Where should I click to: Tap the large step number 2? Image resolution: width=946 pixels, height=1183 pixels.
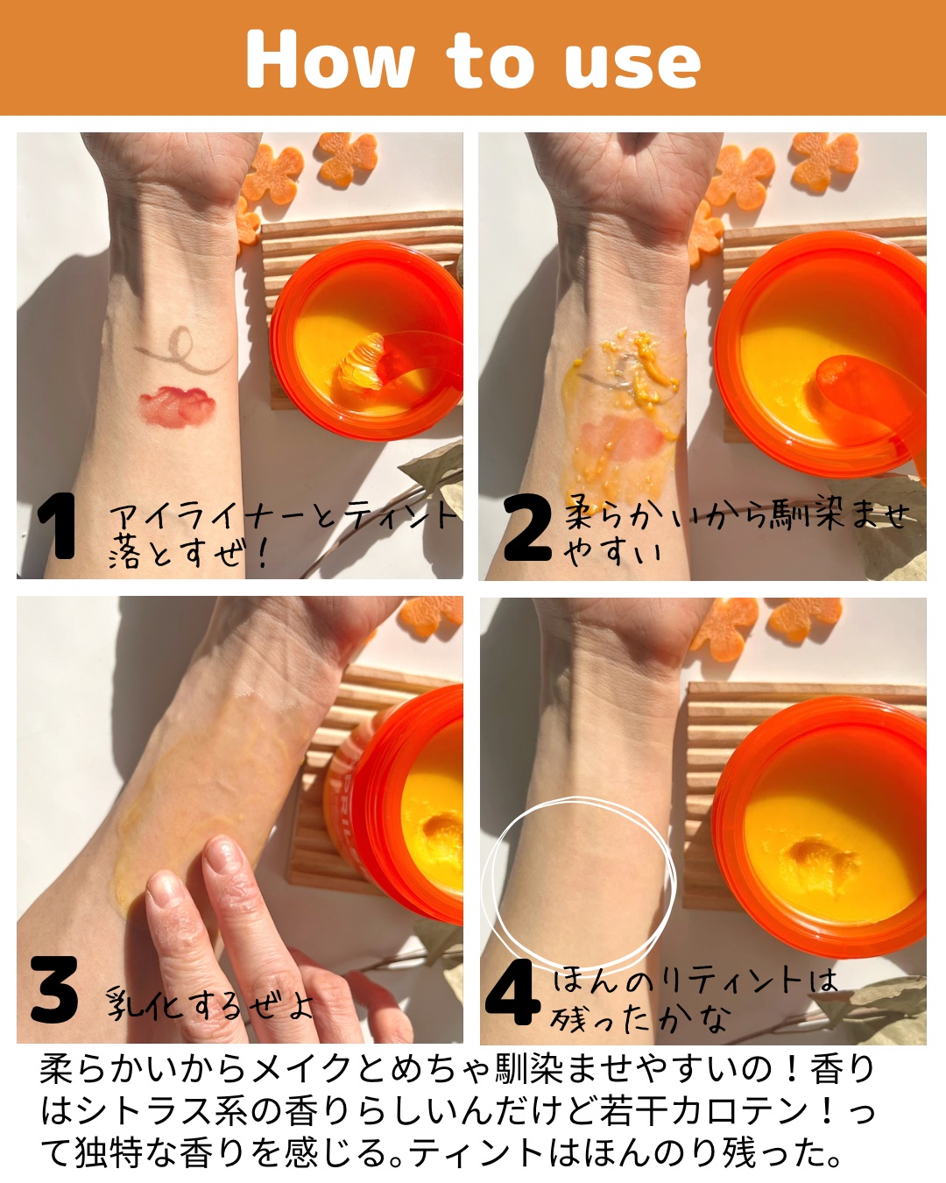(x=526, y=527)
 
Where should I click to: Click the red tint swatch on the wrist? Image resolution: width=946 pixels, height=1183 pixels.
(x=176, y=407)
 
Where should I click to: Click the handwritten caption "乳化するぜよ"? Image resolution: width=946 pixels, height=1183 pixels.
(x=209, y=1002)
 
